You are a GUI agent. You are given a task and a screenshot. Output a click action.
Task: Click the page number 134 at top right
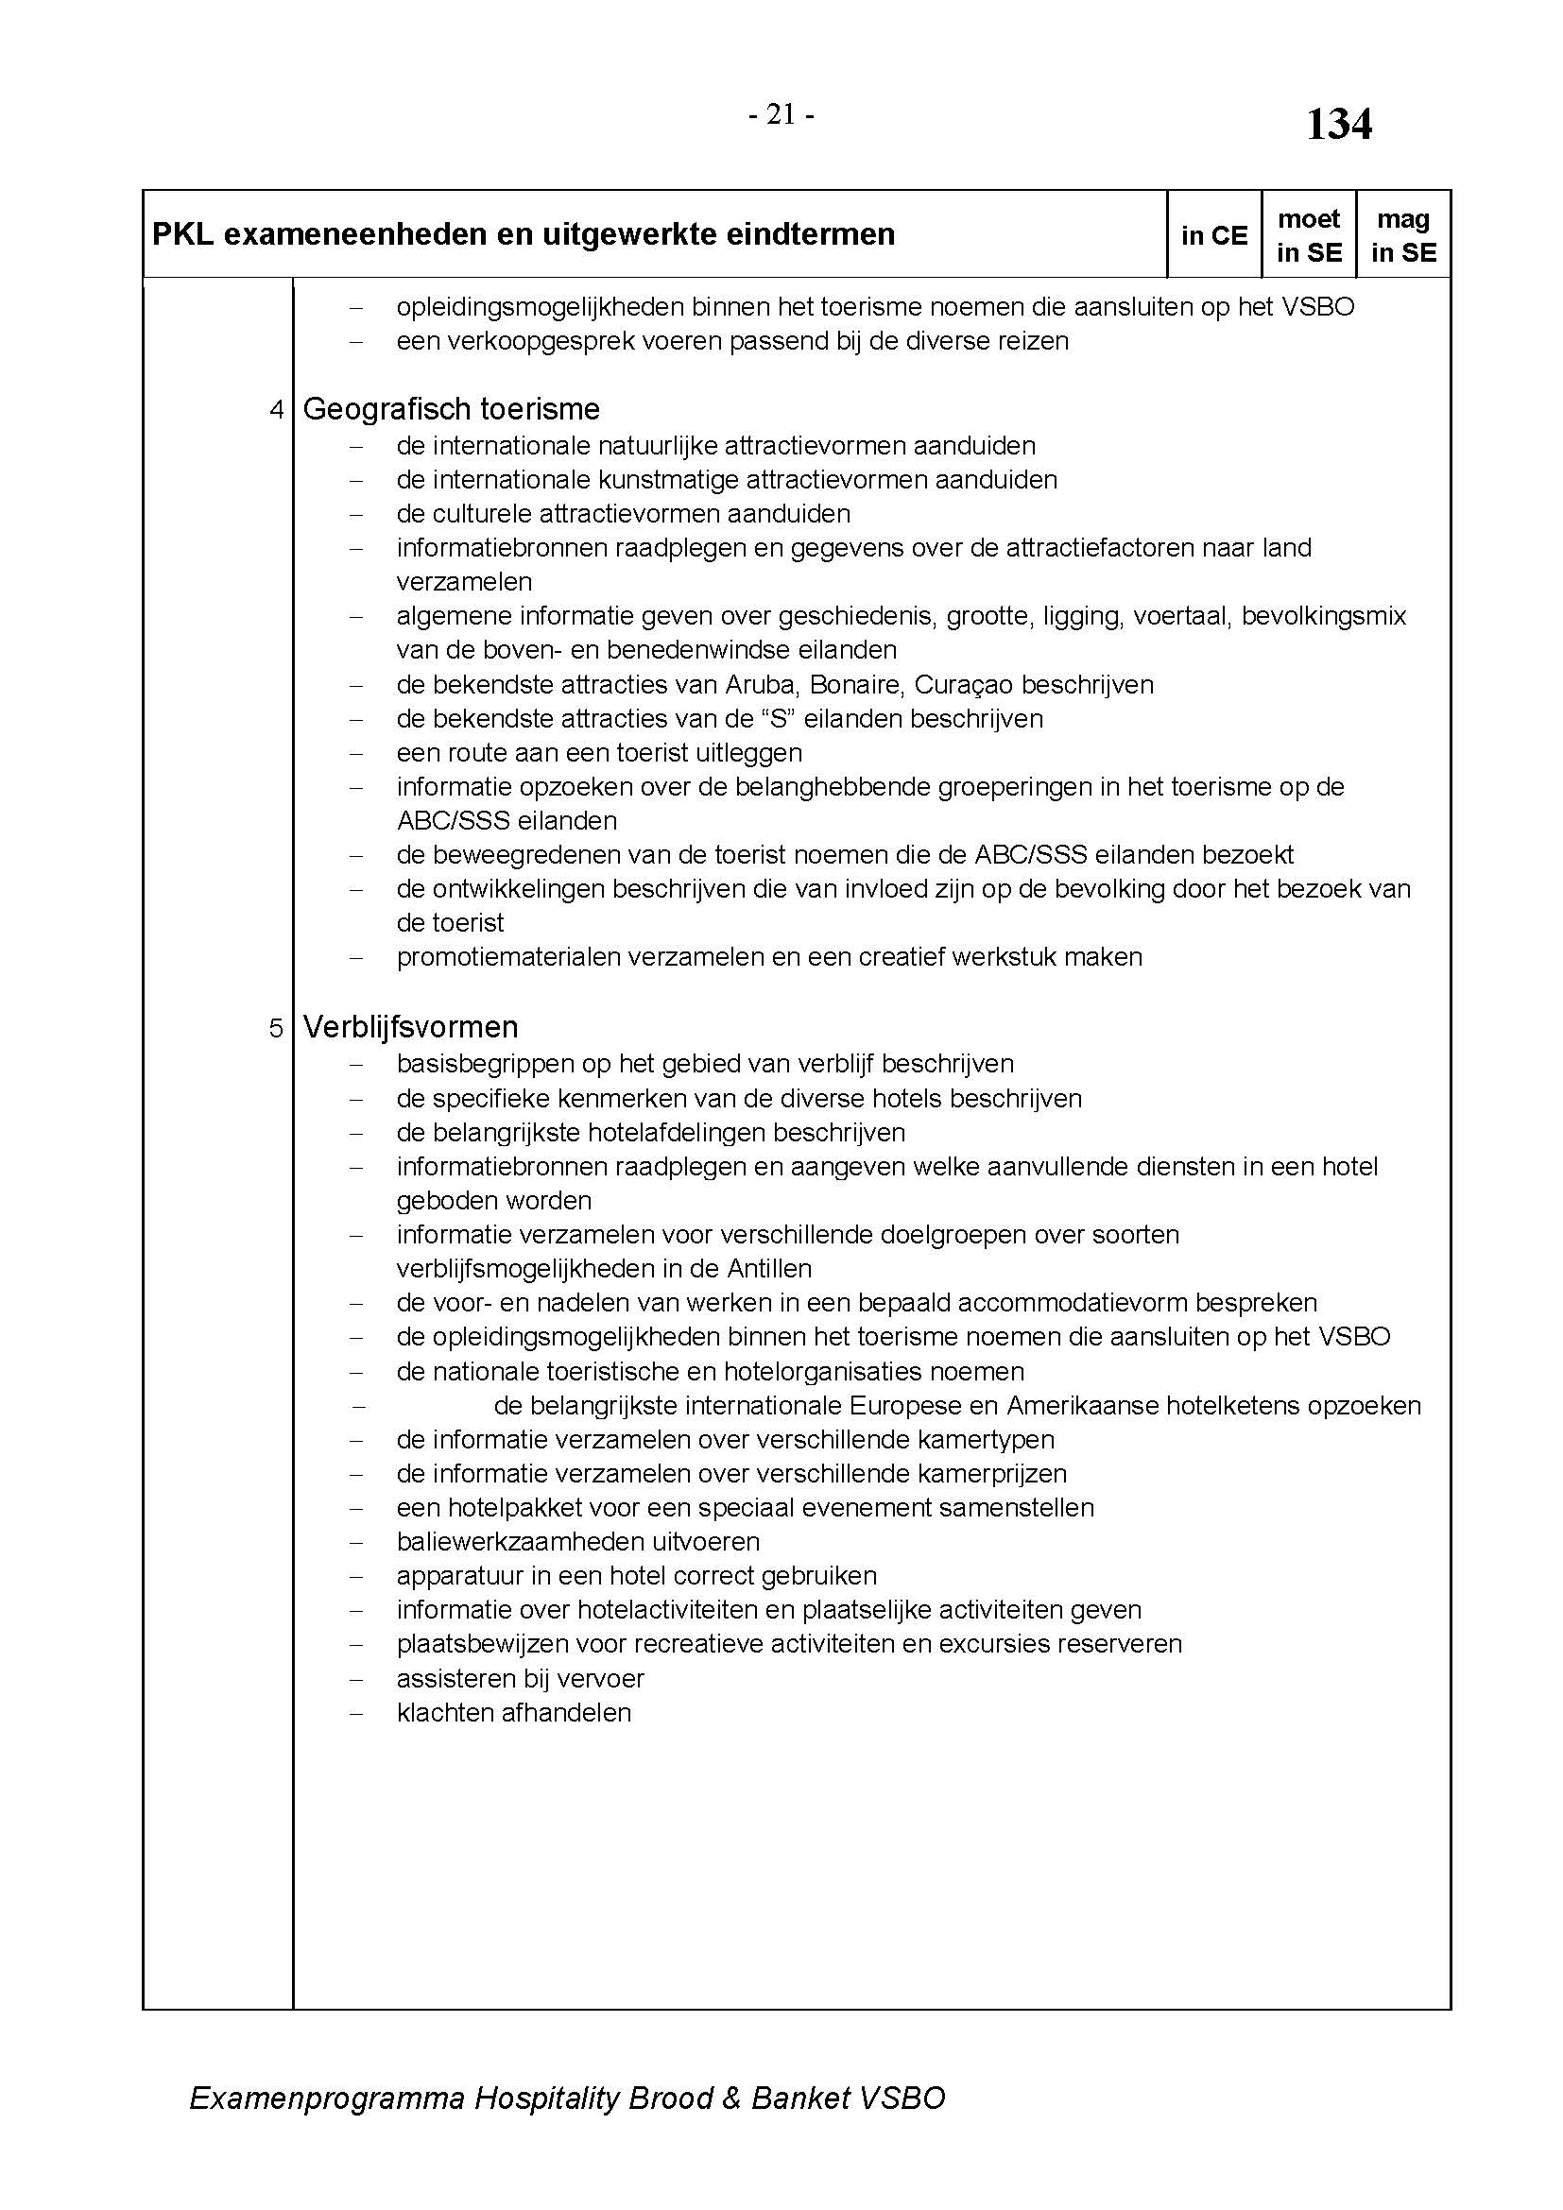click(x=1338, y=125)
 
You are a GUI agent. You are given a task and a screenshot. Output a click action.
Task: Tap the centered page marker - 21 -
click(x=781, y=115)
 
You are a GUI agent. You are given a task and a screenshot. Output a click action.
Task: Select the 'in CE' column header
click(x=1213, y=236)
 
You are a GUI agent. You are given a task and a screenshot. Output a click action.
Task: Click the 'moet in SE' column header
click(x=1308, y=236)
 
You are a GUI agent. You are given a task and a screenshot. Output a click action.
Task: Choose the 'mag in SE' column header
click(x=1402, y=236)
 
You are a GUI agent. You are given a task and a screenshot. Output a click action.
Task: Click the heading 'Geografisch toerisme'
click(x=451, y=409)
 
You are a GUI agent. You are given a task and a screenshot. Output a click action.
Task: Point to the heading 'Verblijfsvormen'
click(x=410, y=1027)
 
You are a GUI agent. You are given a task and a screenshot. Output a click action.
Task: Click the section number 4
click(x=277, y=410)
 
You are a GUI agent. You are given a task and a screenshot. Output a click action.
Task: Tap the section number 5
click(x=276, y=1028)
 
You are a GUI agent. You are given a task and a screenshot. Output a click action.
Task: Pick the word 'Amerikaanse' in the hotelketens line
click(x=1082, y=1405)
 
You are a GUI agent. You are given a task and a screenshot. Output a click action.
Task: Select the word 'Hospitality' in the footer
click(x=545, y=2098)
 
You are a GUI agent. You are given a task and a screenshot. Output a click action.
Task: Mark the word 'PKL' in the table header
click(x=183, y=234)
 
